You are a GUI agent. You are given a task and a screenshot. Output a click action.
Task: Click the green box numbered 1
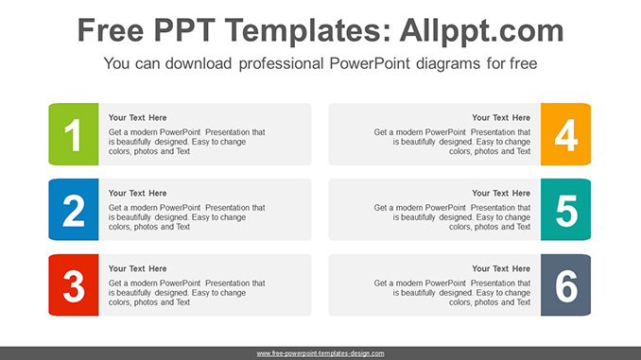pyautogui.click(x=73, y=134)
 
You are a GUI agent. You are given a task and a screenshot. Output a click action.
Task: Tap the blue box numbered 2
pyautogui.click(x=73, y=210)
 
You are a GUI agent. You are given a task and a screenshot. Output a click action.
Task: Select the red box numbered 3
pyautogui.click(x=73, y=285)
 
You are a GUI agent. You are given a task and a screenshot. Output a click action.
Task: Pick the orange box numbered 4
pyautogui.click(x=565, y=134)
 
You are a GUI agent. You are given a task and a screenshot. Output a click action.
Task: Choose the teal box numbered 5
pyautogui.click(x=565, y=210)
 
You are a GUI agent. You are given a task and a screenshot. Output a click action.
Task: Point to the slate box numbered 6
pyautogui.click(x=565, y=285)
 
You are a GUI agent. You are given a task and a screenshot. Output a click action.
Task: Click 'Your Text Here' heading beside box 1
pyautogui.click(x=137, y=118)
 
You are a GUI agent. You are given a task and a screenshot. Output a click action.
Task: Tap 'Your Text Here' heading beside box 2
pyautogui.click(x=137, y=194)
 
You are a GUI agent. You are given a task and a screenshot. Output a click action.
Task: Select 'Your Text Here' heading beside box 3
pyautogui.click(x=137, y=269)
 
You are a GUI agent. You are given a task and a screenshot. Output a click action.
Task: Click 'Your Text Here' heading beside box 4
pyautogui.click(x=501, y=118)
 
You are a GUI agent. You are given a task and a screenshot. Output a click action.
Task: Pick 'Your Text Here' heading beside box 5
pyautogui.click(x=501, y=194)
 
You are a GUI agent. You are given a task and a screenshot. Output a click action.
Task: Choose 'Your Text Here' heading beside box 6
pyautogui.click(x=501, y=269)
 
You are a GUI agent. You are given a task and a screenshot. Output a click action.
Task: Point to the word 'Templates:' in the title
pyautogui.click(x=303, y=31)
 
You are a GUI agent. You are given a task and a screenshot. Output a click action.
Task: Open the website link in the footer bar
pyautogui.click(x=320, y=353)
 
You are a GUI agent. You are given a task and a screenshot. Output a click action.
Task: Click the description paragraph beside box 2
pyautogui.click(x=186, y=217)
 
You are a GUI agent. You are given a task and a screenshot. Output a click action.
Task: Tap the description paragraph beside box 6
pyautogui.click(x=452, y=293)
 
